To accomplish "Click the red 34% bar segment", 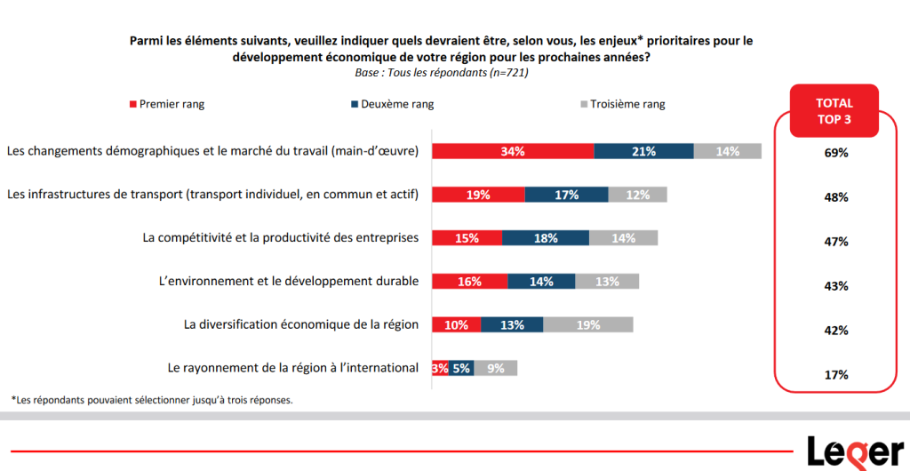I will (513, 151).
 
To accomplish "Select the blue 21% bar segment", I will (643, 151).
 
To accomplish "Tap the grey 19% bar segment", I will (588, 324).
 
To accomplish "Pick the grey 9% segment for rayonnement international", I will (496, 368).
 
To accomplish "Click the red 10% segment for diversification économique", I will (456, 324).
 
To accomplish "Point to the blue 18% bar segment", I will (546, 237).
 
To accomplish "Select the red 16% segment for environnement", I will (469, 281).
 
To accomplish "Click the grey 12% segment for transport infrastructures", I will (637, 195).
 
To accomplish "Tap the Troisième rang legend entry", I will (621, 104).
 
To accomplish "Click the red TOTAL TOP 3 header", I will (834, 111).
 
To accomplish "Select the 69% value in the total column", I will (835, 153).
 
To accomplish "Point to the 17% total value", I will (835, 375).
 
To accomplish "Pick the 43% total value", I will (835, 286).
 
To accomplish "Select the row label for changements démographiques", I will (212, 151).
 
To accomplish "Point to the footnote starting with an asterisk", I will (151, 400).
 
